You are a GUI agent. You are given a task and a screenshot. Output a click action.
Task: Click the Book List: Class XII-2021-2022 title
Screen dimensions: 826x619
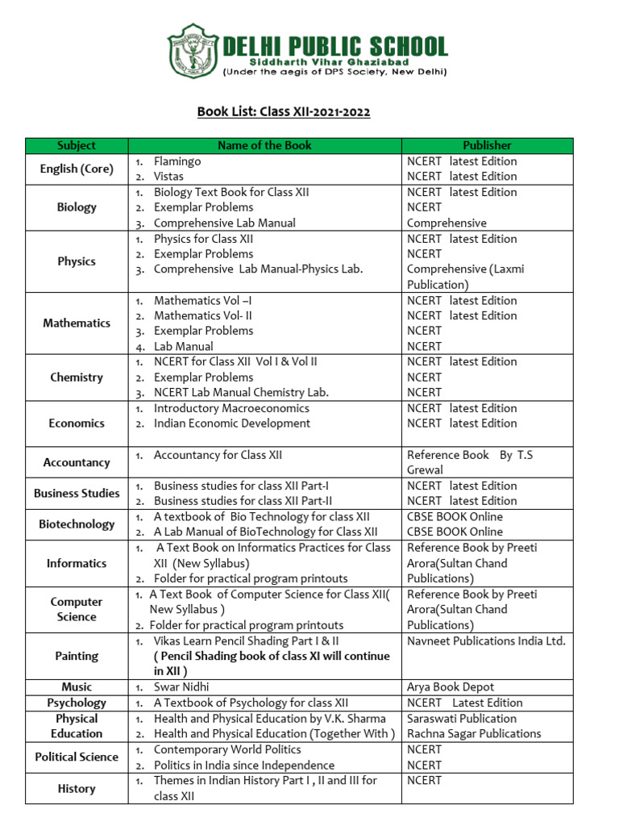click(284, 111)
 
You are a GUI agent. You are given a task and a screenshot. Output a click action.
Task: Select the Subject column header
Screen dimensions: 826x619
click(77, 145)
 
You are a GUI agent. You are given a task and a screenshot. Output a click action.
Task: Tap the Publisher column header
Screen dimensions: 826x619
click(487, 145)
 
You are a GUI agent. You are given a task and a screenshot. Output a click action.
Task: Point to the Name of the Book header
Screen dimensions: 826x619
click(265, 145)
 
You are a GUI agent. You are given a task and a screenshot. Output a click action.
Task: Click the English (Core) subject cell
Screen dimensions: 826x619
click(77, 169)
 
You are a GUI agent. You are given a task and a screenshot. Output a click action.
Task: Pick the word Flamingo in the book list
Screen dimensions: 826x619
click(177, 161)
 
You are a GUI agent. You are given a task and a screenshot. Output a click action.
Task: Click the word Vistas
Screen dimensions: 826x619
click(168, 176)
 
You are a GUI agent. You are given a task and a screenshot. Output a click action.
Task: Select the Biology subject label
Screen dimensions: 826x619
click(77, 207)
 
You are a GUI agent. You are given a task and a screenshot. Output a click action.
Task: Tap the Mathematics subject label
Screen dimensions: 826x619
click(77, 323)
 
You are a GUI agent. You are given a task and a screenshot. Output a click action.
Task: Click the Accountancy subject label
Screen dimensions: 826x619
click(77, 462)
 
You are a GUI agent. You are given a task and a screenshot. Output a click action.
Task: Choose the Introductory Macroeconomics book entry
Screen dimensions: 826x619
click(231, 408)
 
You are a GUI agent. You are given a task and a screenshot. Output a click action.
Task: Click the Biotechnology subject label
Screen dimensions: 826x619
click(77, 524)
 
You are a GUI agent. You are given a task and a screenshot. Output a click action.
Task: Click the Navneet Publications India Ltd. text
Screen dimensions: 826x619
click(486, 641)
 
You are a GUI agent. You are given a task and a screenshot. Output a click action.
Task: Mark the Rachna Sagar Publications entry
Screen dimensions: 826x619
click(474, 733)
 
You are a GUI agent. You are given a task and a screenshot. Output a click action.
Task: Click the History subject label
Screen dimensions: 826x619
click(77, 789)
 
